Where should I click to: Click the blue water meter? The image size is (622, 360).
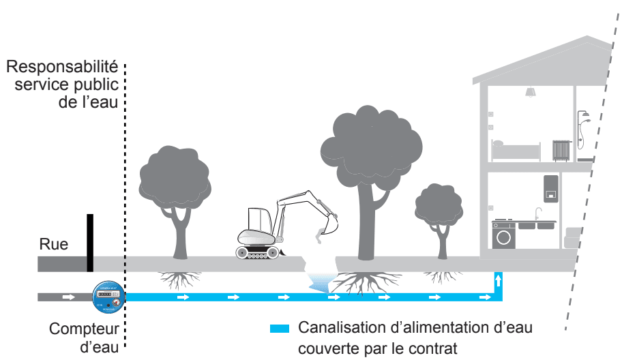click(x=108, y=297)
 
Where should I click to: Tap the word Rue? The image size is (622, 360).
click(x=54, y=244)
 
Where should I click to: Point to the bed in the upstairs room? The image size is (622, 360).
click(x=516, y=150)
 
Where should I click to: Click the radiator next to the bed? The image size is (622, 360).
click(x=561, y=151)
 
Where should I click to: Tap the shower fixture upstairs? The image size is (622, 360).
click(x=582, y=130)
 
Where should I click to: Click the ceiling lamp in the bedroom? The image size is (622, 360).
click(x=531, y=92)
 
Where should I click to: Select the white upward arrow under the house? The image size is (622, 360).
click(x=499, y=280)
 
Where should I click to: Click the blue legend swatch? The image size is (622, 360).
click(x=279, y=328)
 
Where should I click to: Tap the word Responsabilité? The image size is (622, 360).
click(x=62, y=67)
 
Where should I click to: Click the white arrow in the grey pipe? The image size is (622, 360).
click(x=69, y=297)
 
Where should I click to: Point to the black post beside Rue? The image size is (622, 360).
click(x=90, y=243)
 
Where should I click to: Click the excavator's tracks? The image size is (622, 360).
click(x=257, y=252)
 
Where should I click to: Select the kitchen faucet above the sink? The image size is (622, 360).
click(x=538, y=213)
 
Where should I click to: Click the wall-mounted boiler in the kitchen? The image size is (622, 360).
click(x=551, y=189)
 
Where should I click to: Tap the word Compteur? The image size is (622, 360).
click(x=84, y=329)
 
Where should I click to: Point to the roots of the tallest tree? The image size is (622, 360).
click(x=366, y=283)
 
